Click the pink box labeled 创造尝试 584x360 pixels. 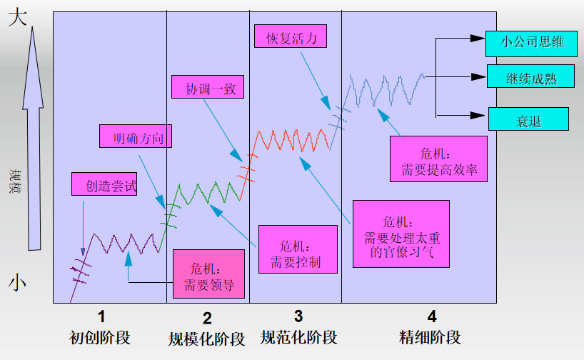pos(104,184)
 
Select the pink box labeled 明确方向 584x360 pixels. pos(134,136)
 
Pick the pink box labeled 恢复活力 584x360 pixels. pos(290,36)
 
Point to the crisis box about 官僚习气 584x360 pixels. pos(401,234)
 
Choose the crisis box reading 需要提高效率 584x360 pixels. pos(439,161)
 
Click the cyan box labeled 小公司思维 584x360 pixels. pos(532,42)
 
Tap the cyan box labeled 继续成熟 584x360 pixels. pos(531,76)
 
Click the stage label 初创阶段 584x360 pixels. pos(101,336)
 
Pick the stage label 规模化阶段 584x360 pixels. pos(207,339)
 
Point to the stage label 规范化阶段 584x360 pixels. pos(298,336)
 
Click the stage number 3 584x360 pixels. pos(298,315)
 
